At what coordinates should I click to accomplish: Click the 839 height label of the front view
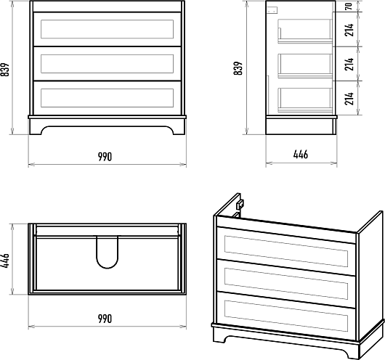tap(4, 70)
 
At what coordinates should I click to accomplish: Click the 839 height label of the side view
tap(238, 68)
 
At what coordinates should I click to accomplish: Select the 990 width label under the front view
tap(105, 157)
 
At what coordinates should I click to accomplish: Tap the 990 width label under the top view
tap(105, 319)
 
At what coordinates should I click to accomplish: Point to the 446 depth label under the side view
tap(301, 155)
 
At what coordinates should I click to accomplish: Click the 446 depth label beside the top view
tap(4, 261)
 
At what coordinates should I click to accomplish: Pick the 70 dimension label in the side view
tap(349, 6)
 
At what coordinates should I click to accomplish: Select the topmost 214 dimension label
tap(349, 30)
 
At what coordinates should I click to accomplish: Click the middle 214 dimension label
tap(349, 64)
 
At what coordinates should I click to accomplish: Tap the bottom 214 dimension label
tap(349, 99)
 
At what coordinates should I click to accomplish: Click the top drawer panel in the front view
tap(107, 29)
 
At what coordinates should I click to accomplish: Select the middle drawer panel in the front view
tap(107, 64)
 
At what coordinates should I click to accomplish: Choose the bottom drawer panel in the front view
tap(107, 98)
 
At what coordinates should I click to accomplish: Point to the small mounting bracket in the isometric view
tap(240, 205)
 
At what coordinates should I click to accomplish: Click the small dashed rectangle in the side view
tap(272, 10)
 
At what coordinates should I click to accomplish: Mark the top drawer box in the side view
tap(305, 31)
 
